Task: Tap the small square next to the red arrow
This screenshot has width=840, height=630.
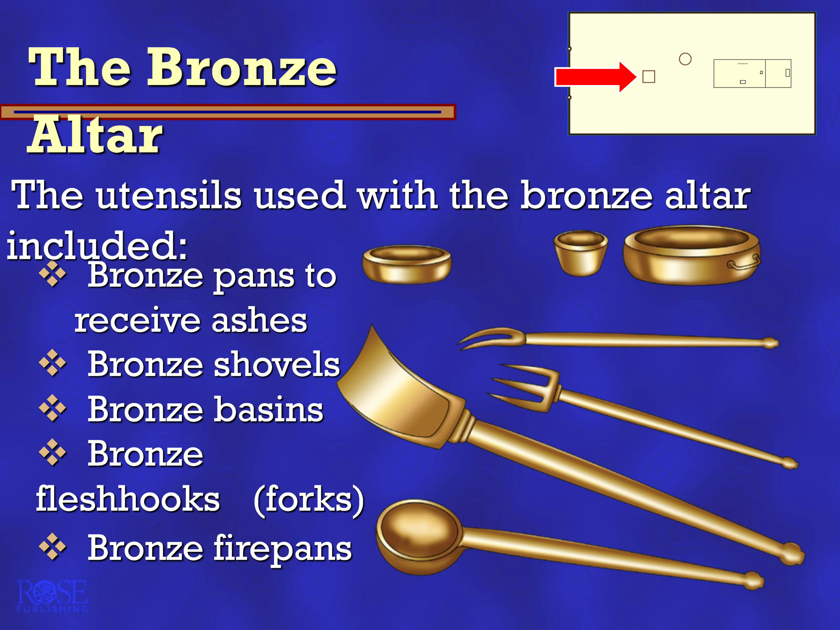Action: tap(649, 77)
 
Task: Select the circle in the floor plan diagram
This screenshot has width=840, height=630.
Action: tap(685, 59)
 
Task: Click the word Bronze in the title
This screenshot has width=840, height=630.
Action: tap(241, 68)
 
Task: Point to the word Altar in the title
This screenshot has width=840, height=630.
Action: tap(95, 135)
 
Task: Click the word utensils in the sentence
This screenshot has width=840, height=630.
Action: tap(168, 195)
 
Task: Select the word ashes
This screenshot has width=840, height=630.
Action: tap(259, 320)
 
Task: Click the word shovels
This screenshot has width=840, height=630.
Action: tap(277, 364)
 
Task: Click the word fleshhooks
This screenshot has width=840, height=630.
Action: tap(128, 498)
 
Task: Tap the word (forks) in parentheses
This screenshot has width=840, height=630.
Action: tap(309, 500)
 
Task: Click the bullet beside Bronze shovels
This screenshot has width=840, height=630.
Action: tap(52, 363)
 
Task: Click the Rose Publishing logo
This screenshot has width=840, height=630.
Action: tap(52, 596)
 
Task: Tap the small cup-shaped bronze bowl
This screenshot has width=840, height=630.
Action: tap(581, 253)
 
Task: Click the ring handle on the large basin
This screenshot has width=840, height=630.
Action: tap(743, 263)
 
